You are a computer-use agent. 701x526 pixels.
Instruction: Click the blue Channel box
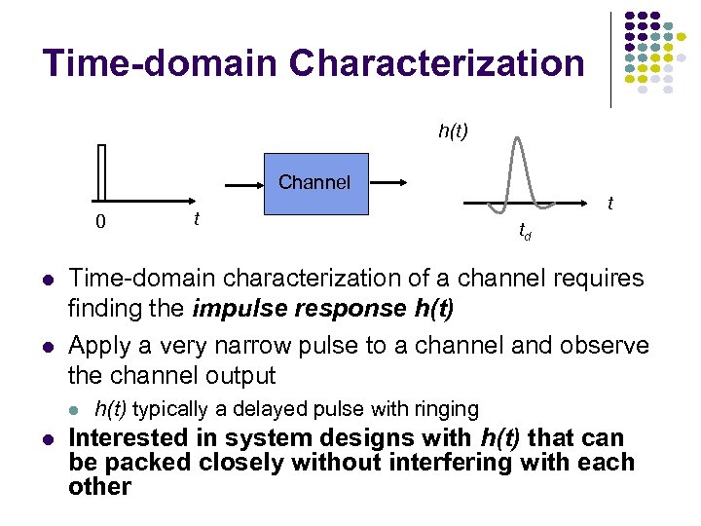(x=314, y=183)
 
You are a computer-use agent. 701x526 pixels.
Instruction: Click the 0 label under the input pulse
(x=100, y=222)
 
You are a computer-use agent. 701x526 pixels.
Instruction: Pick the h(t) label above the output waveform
(x=453, y=130)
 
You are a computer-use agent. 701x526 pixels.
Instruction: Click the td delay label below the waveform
(x=525, y=232)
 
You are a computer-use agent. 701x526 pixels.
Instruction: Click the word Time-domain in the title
(x=160, y=64)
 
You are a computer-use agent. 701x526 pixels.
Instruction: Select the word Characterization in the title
(x=437, y=64)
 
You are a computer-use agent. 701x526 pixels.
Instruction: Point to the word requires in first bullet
(x=592, y=279)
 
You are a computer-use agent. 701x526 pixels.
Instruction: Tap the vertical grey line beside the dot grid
(x=611, y=58)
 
